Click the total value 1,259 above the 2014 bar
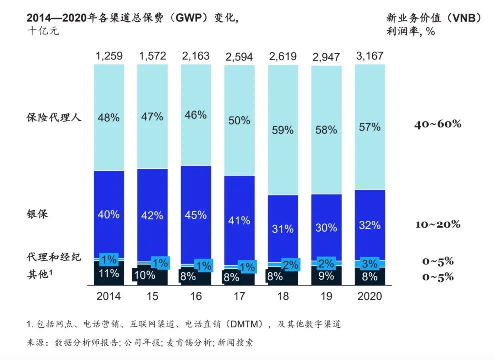tap(109, 56)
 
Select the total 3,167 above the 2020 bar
tap(370, 56)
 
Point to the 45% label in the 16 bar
tap(196, 215)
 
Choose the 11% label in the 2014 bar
tap(109, 273)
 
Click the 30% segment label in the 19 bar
tap(326, 227)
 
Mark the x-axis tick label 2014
tap(109, 296)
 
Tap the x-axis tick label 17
tap(239, 296)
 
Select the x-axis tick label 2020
tap(370, 296)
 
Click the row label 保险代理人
tap(54, 118)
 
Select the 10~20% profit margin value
tap(438, 224)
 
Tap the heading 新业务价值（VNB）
tap(434, 18)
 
